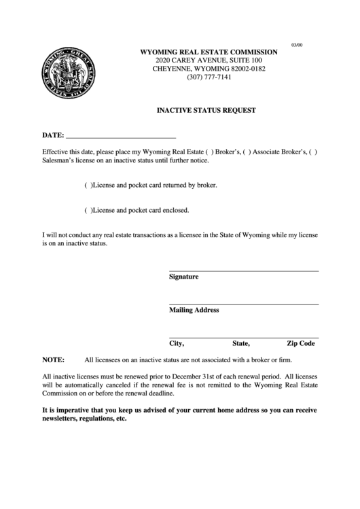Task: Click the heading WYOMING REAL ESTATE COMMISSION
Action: click(x=209, y=52)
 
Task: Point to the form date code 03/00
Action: click(x=298, y=44)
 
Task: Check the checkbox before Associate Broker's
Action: click(x=247, y=152)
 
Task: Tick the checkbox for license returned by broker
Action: click(x=88, y=185)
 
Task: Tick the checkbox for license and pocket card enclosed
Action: click(x=88, y=210)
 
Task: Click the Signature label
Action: click(x=183, y=277)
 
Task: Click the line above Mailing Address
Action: click(x=243, y=304)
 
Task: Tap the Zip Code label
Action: click(x=301, y=343)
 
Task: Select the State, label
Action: click(x=241, y=343)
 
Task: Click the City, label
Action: click(x=177, y=343)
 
